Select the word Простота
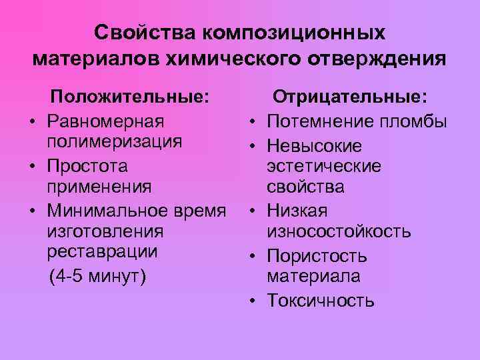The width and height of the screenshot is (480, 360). pyautogui.click(x=88, y=165)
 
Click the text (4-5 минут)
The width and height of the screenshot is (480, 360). pyautogui.click(x=97, y=275)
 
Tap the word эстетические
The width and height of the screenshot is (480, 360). pyautogui.click(x=324, y=165)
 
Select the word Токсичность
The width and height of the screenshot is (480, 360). pyautogui.click(x=321, y=301)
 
